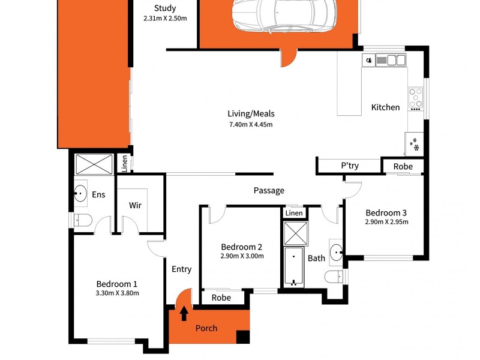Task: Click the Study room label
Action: click(x=165, y=8)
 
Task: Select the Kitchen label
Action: click(x=385, y=107)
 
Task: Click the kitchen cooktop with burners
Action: click(x=415, y=99)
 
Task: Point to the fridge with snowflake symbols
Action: click(x=414, y=143)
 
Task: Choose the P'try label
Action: click(x=350, y=166)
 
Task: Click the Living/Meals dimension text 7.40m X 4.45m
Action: click(x=251, y=125)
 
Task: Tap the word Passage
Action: click(x=269, y=191)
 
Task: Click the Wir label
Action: click(x=135, y=205)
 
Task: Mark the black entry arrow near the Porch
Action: click(x=184, y=313)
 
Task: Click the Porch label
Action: click(x=206, y=328)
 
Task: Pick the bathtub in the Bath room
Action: click(x=294, y=266)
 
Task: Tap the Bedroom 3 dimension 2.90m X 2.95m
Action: click(x=386, y=222)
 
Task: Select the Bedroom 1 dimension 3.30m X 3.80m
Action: click(x=118, y=293)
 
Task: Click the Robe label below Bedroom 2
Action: click(x=221, y=297)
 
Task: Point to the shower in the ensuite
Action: click(x=94, y=163)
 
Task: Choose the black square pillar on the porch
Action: click(x=242, y=337)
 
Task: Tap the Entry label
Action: click(x=181, y=269)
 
